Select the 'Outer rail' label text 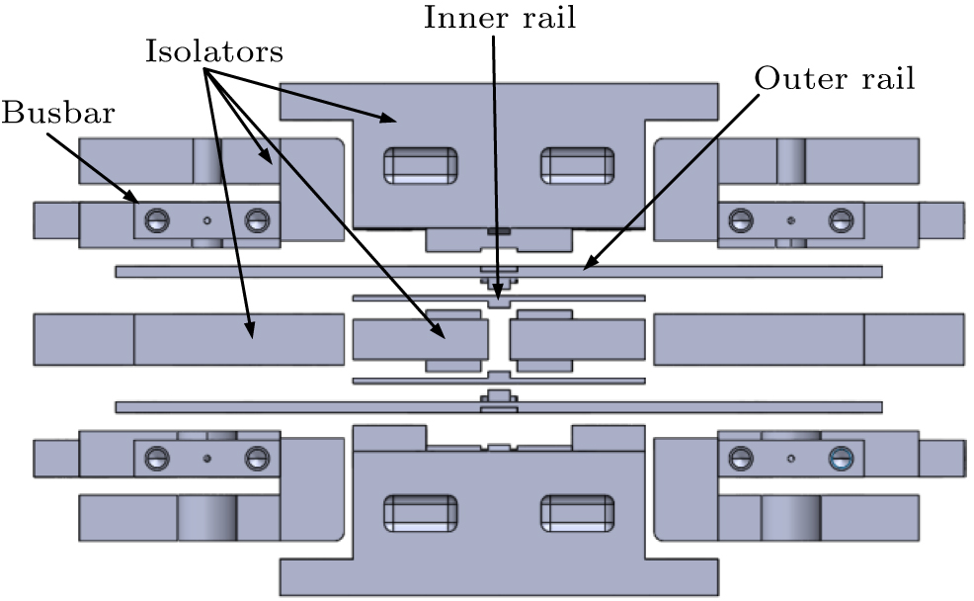pos(835,79)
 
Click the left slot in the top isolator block pos(420,165)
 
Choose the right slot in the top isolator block pos(577,165)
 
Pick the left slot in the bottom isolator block pos(420,512)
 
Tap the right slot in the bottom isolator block pos(577,512)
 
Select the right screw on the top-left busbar pos(256,219)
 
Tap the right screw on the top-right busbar pos(840,219)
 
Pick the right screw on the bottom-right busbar pos(840,457)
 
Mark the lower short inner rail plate pos(415,380)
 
